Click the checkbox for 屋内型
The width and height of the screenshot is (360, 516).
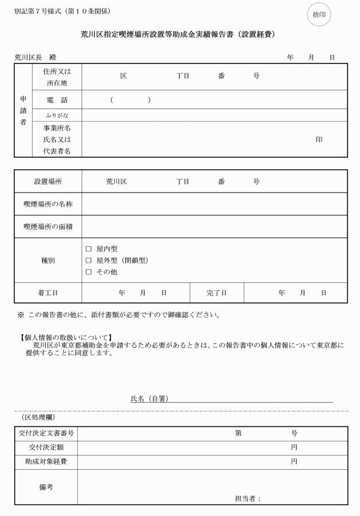coord(89,249)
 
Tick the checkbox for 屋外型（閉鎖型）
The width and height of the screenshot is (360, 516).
coord(89,261)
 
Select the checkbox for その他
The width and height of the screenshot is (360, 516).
coord(89,272)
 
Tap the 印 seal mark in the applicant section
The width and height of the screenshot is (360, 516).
coord(319,139)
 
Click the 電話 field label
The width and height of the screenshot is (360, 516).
coord(57,100)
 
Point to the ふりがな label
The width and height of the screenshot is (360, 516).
coord(57,115)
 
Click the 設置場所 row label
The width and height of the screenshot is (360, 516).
coord(48,182)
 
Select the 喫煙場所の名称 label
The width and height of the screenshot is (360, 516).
coord(48,204)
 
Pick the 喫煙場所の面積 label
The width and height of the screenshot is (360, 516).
coord(48,226)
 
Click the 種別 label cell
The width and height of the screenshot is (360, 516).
coord(48,261)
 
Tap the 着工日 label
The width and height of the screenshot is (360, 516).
coord(48,293)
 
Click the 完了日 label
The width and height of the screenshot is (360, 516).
coord(217,293)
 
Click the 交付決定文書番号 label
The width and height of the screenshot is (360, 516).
coord(46,434)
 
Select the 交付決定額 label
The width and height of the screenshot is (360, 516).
coord(46,447)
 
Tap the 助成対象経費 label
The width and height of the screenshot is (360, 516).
coord(46,462)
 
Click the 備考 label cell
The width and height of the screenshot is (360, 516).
coord(46,487)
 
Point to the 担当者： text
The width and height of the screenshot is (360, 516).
coord(248,498)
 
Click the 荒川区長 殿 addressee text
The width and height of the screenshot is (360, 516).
coord(35,58)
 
